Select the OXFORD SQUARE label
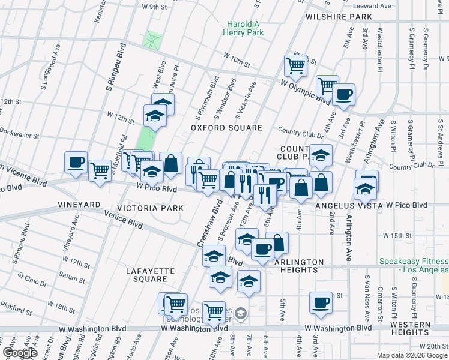(226, 128)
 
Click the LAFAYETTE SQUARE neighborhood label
(146, 275)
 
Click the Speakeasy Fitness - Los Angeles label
(414, 266)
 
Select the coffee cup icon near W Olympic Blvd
(344, 94)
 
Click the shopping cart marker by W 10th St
(295, 65)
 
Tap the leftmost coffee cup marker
(76, 162)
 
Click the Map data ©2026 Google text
(412, 355)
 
